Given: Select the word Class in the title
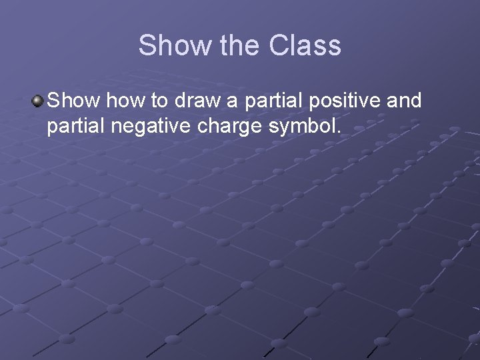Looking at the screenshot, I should [305, 46].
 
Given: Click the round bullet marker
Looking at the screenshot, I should [37, 101].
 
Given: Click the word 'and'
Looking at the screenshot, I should [404, 101].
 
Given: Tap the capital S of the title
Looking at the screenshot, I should [147, 46].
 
